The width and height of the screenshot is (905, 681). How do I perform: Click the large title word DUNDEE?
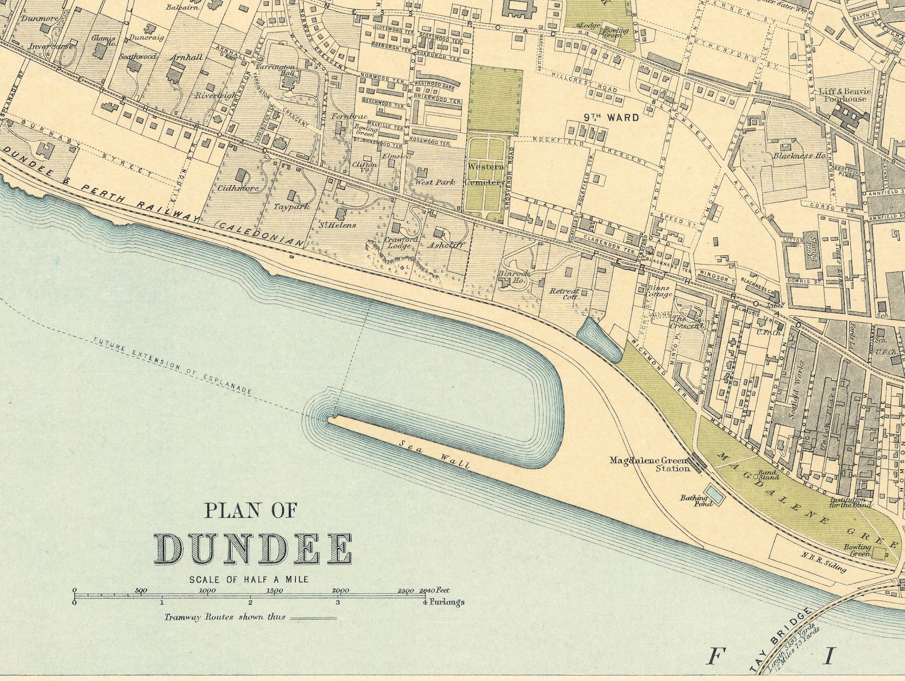254,549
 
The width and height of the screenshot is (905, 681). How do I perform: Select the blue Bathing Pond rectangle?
715,495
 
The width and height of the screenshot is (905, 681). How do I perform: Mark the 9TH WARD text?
610,118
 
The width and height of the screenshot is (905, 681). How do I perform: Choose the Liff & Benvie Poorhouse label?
843,95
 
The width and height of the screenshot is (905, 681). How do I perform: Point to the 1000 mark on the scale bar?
207,591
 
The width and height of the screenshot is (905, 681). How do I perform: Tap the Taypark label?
291,206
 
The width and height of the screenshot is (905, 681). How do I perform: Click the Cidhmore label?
238,188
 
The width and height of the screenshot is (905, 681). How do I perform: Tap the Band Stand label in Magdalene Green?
768,475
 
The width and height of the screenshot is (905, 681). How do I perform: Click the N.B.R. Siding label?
823,562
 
